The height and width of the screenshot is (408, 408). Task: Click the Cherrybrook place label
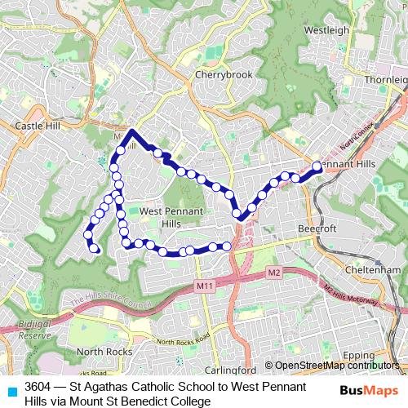[x=224, y=74]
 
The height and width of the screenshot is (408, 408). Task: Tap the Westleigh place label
[x=326, y=30]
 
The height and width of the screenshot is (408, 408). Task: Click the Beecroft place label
[x=317, y=229]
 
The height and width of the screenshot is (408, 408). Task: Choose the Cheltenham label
[x=372, y=269]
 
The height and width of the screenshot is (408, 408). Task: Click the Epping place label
[x=381, y=356]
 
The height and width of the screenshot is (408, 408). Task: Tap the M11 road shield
[x=204, y=286]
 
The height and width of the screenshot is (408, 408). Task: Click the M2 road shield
[x=273, y=272]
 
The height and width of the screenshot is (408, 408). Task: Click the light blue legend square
[x=11, y=392]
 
